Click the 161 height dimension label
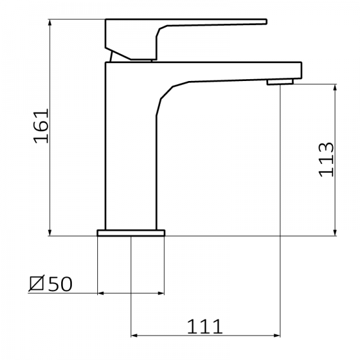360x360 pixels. pos(40,127)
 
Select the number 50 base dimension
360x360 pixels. pos(60,283)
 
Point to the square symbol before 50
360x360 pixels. pos(37,283)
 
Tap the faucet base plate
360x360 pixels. pos(130,233)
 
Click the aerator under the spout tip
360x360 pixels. pos(278,80)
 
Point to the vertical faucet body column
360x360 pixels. pos(129,150)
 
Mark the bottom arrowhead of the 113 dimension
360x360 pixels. pos(334,233)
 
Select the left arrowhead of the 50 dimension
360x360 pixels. pos(100,293)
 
